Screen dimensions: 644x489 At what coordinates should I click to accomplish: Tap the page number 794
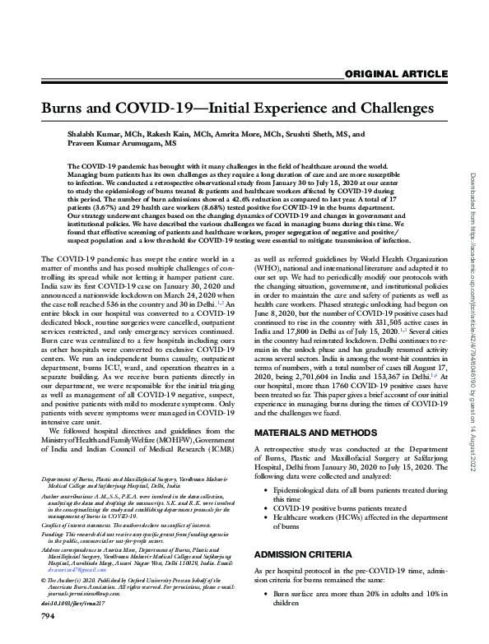[50, 636]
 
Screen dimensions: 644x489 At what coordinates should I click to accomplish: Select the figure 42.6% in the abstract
[250, 201]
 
